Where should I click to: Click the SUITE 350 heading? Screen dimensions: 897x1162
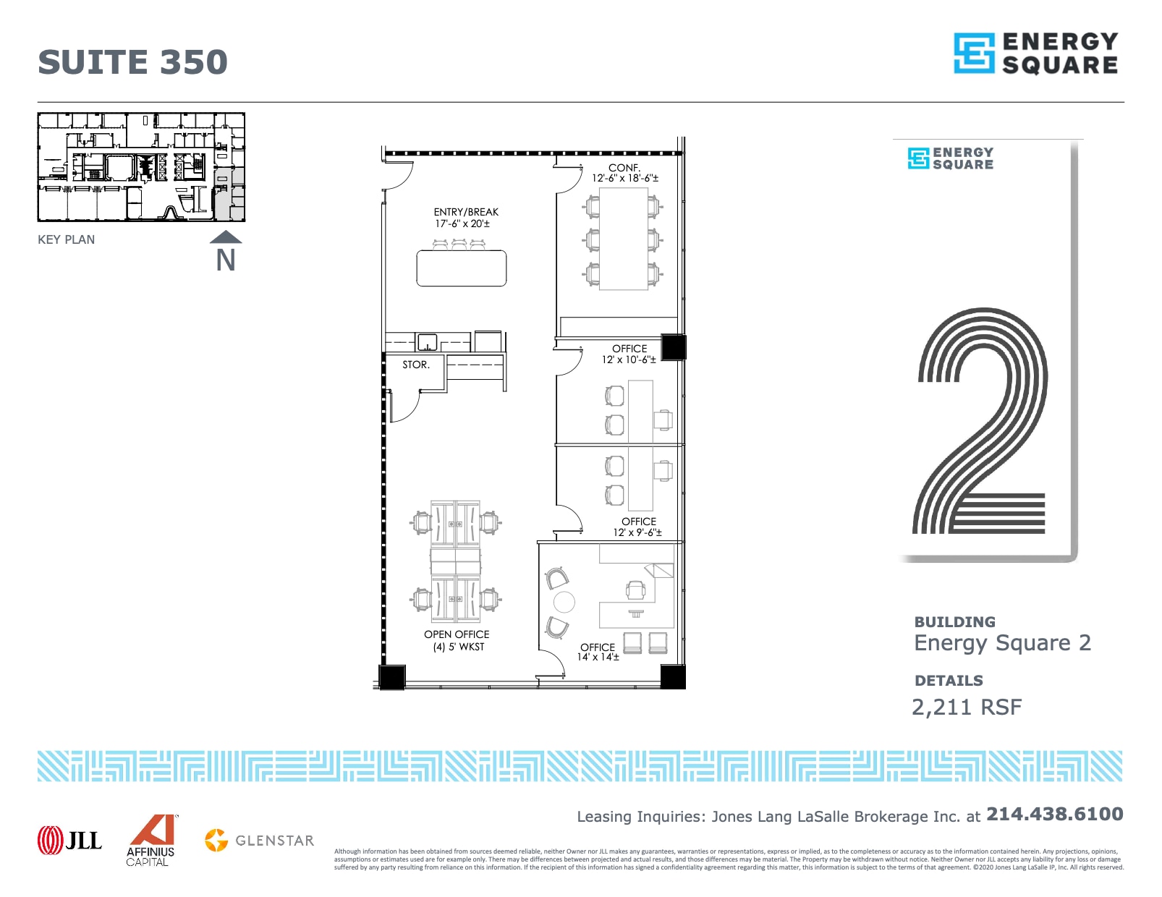(x=132, y=62)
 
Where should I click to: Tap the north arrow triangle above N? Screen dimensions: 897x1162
(x=226, y=237)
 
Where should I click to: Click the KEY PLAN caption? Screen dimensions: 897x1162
(x=66, y=239)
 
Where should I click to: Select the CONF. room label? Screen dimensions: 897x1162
(x=624, y=168)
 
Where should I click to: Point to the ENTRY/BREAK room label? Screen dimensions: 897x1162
(x=466, y=212)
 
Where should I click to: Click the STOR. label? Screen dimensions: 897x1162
(x=416, y=365)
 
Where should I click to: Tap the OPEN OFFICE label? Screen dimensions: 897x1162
(x=457, y=634)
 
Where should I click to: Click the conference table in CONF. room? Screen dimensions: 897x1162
(x=623, y=239)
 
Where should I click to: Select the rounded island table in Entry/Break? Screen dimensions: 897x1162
(x=462, y=268)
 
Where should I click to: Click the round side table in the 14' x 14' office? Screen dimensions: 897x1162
(x=564, y=601)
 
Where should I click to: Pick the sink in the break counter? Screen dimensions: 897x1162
(x=427, y=341)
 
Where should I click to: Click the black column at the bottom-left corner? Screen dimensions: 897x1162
(x=392, y=677)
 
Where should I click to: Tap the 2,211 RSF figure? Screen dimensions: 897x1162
(x=967, y=707)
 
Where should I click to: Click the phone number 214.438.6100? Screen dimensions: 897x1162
(x=1054, y=814)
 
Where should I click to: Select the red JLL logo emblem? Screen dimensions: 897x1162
(x=51, y=840)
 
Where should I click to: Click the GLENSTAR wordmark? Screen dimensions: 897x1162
(x=274, y=841)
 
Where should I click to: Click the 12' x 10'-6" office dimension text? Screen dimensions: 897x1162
(x=629, y=360)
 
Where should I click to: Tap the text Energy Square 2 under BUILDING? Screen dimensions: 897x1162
(x=1002, y=643)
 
